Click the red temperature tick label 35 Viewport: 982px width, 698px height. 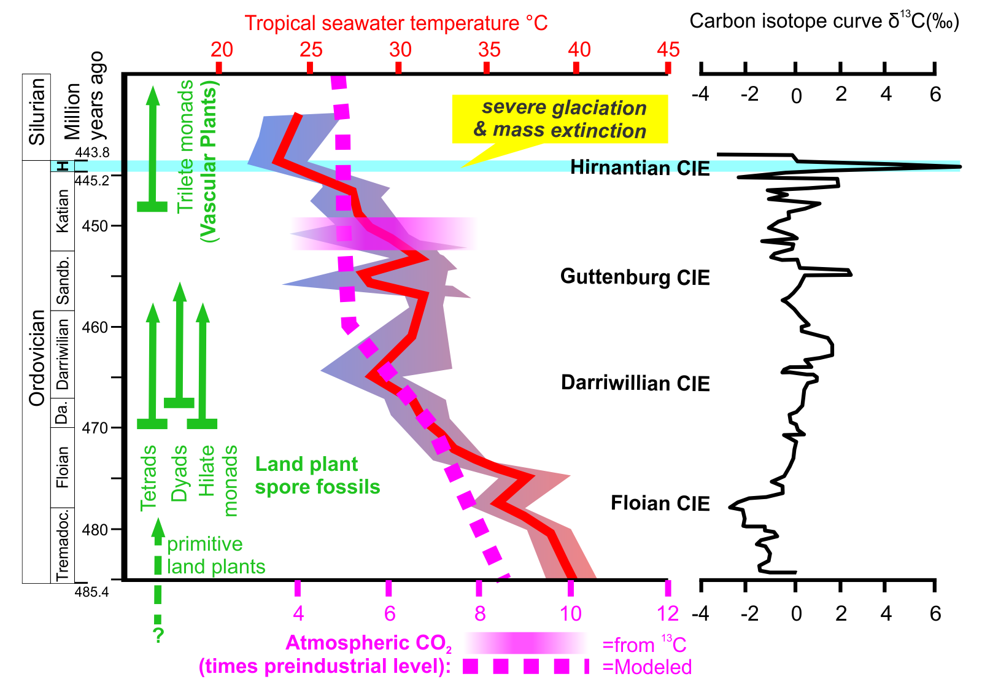(489, 50)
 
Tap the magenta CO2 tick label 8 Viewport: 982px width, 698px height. (480, 613)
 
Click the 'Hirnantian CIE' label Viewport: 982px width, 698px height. (640, 168)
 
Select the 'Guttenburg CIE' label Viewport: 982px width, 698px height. (635, 277)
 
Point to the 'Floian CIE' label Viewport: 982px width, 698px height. (660, 503)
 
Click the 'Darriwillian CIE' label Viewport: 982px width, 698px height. (635, 383)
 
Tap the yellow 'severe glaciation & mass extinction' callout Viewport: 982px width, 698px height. (560, 119)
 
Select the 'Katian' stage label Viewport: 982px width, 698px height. (62, 211)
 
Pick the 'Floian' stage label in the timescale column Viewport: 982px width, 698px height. (62, 467)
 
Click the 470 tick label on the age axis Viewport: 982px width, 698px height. (95, 428)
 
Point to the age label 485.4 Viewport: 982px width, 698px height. (91, 592)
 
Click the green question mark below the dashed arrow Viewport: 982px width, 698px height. (158, 635)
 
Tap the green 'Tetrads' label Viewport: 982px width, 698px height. (149, 478)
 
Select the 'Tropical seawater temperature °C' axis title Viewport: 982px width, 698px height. (396, 23)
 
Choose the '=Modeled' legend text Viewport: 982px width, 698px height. (647, 667)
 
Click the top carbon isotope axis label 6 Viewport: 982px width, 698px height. (935, 95)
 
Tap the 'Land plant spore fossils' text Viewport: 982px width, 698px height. (317, 476)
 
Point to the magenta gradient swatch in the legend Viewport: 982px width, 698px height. (525, 643)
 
